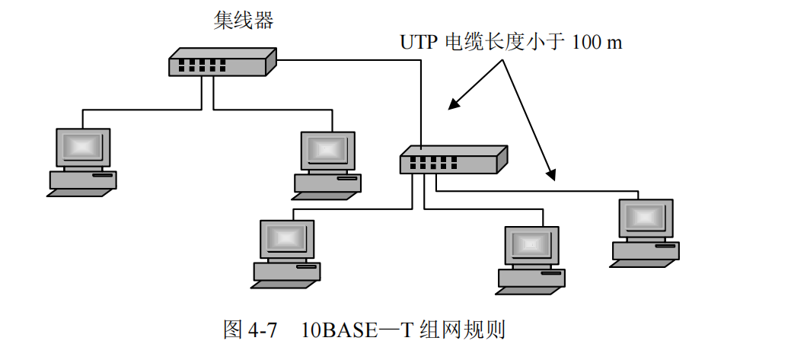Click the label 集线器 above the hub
243,21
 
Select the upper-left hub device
221,62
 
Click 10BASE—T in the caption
349,330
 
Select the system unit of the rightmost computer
646,250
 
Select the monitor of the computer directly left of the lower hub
327,150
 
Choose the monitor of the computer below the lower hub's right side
532,245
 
